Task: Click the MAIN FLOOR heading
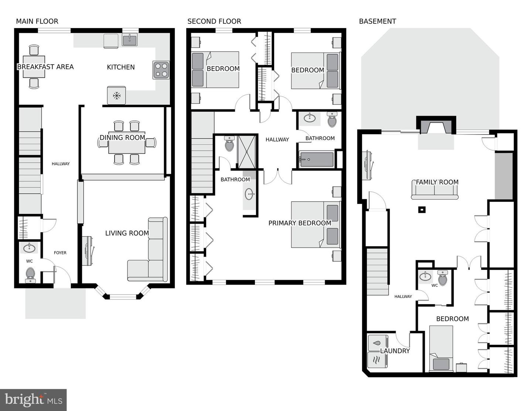tap(37, 21)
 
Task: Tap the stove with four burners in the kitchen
tap(161, 70)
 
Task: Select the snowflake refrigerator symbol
tap(116, 95)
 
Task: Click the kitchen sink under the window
tap(130, 40)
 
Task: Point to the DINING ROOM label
tap(122, 137)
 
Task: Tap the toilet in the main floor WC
tap(30, 275)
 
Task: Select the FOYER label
tap(60, 253)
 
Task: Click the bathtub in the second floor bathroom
tap(316, 160)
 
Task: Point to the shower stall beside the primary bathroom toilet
tap(247, 152)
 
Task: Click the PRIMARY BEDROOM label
tap(300, 223)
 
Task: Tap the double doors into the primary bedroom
tap(278, 176)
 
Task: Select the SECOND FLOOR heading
tap(214, 21)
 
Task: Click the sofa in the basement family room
tap(434, 192)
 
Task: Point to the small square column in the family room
tap(422, 210)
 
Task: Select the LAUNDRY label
tap(395, 351)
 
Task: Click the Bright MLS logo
tap(33, 400)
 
